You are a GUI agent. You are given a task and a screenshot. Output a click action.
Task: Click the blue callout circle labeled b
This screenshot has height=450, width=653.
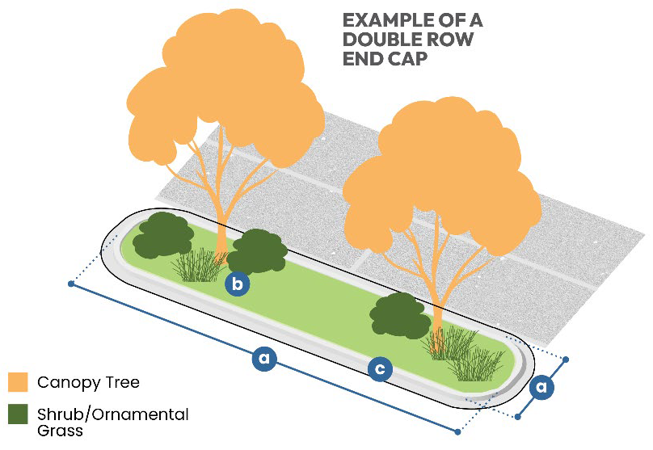pyautogui.click(x=237, y=284)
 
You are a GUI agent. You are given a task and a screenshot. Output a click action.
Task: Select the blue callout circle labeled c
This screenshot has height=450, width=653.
pyautogui.click(x=380, y=369)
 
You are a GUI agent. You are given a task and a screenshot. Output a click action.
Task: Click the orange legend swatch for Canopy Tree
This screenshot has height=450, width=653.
pyautogui.click(x=18, y=382)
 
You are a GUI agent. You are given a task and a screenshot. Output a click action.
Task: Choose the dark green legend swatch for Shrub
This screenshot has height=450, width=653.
pyautogui.click(x=18, y=415)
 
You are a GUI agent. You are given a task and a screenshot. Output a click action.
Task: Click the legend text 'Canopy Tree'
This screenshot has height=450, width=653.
pyautogui.click(x=88, y=382)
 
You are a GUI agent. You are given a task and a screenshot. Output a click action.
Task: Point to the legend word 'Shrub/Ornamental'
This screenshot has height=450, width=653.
pyautogui.click(x=112, y=415)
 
